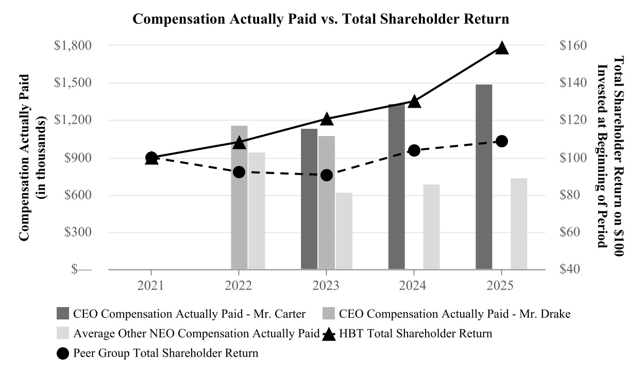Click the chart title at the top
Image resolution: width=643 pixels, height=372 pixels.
pyautogui.click(x=321, y=20)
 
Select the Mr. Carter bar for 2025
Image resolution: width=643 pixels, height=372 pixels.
pyautogui.click(x=484, y=176)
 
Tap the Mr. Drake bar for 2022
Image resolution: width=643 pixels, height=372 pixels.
pyautogui.click(x=239, y=197)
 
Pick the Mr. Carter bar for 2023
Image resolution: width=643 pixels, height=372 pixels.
pyautogui.click(x=309, y=198)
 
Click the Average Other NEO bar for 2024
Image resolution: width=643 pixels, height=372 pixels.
pyautogui.click(x=432, y=227)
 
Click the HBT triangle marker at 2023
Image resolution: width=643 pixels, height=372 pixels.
pyautogui.click(x=326, y=119)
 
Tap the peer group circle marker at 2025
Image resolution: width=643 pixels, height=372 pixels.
pyautogui.click(x=501, y=141)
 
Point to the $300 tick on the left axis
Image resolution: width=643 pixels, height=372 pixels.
pyautogui.click(x=78, y=232)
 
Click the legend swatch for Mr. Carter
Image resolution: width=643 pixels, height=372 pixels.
pyautogui.click(x=62, y=314)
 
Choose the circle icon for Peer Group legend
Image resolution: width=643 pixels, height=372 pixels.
pyautogui.click(x=63, y=354)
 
